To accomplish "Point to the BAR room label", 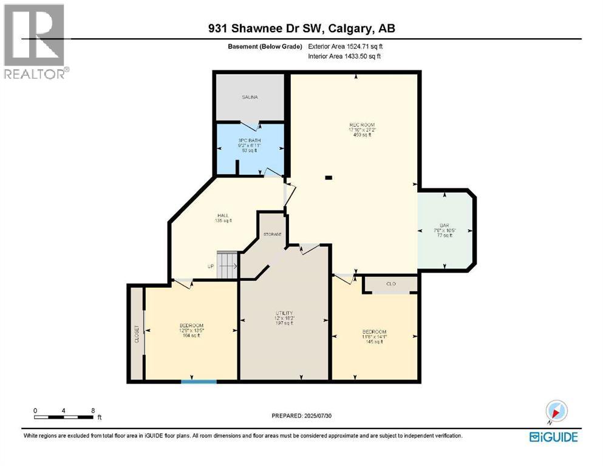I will coord(445,224).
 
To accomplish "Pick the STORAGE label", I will coord(272,234).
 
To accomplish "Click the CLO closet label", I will coord(390,283).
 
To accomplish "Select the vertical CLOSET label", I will coord(137,334).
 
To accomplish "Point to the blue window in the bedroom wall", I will coord(199,381).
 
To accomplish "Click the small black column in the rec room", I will coord(329,178).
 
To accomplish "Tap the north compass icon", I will coord(556,410).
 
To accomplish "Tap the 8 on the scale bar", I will coord(93,410).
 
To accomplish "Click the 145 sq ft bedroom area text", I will coord(373,342).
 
